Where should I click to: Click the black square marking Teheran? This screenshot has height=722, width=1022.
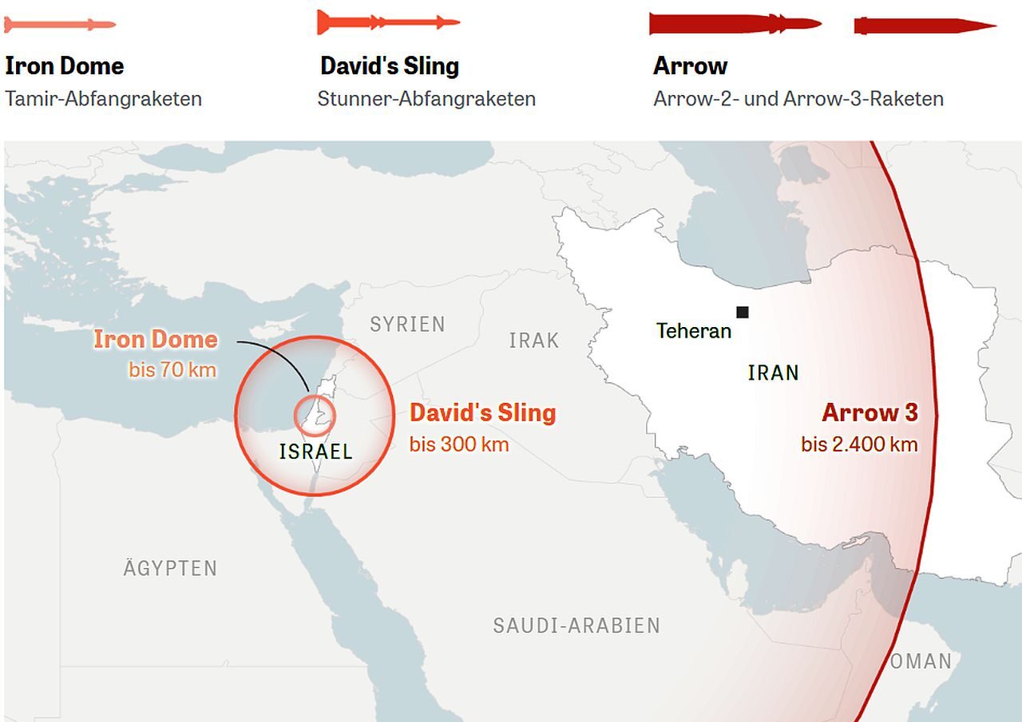[x=743, y=312]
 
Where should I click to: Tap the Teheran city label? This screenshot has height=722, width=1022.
[x=694, y=330]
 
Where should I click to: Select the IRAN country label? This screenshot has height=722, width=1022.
[x=773, y=373]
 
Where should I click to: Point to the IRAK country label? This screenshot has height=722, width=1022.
[x=534, y=341]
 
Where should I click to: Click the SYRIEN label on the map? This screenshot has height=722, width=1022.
[x=407, y=324]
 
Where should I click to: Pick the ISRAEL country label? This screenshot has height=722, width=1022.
[x=316, y=452]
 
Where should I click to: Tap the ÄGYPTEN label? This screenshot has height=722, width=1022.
[x=170, y=568]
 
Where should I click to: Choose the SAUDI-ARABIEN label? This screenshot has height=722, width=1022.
[x=576, y=625]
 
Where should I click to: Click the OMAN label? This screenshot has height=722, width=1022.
[x=921, y=661]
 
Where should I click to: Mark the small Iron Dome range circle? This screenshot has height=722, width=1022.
[x=315, y=415]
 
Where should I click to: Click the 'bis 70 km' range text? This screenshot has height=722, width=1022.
[x=172, y=370]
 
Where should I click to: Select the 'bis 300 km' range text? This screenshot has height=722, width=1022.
[x=459, y=444]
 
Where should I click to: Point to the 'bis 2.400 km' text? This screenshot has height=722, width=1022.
[x=860, y=444]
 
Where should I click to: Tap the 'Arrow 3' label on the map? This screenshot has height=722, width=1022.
[x=869, y=412]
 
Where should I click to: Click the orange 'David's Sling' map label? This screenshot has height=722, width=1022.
[x=482, y=412]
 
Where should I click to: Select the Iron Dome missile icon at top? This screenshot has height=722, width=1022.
[x=60, y=25]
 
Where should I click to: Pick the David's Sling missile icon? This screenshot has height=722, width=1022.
[x=388, y=22]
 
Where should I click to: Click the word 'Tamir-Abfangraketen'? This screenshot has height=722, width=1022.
[x=103, y=99]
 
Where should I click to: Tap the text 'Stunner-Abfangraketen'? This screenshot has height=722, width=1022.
[x=426, y=99]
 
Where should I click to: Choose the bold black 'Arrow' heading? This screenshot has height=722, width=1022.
[x=690, y=65]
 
